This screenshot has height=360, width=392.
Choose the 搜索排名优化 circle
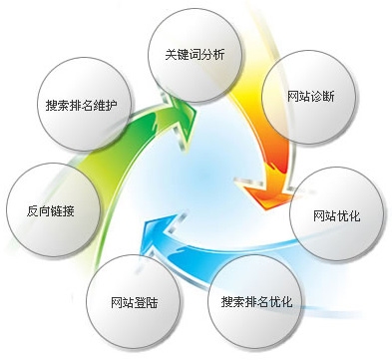click(x=256, y=299)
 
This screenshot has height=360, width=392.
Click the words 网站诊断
click(x=306, y=99)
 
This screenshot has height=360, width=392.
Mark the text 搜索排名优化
click(x=256, y=300)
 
